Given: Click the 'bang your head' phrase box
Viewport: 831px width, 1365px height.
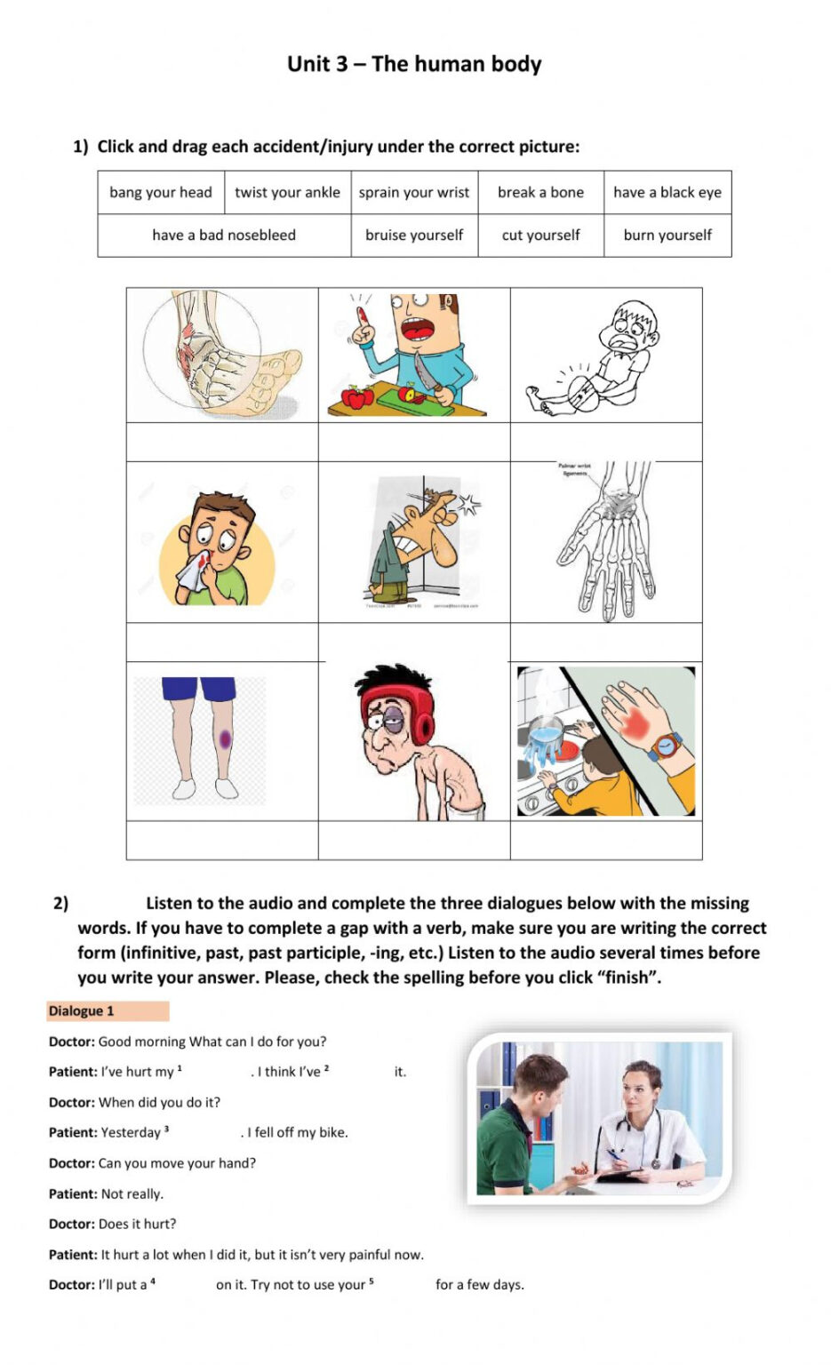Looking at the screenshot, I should [161, 193].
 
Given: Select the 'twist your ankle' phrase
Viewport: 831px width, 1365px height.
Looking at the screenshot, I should [287, 193].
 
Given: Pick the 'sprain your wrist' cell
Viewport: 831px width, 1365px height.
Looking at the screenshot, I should [414, 193].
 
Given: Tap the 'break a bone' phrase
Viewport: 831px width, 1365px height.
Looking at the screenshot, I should [540, 193].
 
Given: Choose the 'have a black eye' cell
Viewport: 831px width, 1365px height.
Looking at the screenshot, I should [667, 193].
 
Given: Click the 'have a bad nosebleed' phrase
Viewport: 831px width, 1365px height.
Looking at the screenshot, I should [224, 235].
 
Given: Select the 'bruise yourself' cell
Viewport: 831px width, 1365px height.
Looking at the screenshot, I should [414, 235].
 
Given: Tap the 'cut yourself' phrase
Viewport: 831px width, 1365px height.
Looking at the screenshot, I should [540, 235].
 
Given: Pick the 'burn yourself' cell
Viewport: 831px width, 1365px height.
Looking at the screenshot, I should [667, 235].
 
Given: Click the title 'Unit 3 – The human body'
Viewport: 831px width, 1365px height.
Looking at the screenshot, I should [414, 64].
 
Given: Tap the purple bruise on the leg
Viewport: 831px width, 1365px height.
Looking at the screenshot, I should [225, 738].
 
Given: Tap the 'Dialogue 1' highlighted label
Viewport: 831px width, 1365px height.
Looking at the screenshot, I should [108, 1011].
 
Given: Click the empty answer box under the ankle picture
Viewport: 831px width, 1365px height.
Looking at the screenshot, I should [222, 442].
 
